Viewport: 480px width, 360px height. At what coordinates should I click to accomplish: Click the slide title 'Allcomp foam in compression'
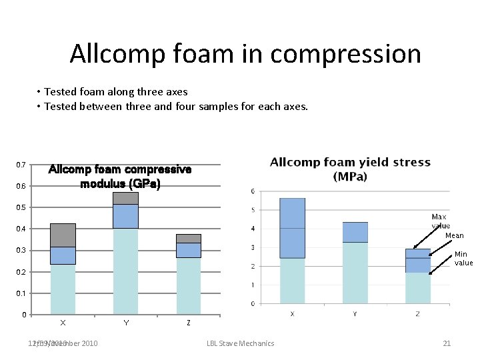click(245, 53)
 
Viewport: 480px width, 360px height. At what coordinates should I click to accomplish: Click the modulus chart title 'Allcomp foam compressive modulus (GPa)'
click(120, 177)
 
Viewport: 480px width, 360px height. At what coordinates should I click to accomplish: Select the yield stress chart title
click(350, 169)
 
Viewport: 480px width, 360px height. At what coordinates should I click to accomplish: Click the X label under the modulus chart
click(63, 323)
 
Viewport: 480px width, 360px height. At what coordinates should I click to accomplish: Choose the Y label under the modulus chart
click(125, 323)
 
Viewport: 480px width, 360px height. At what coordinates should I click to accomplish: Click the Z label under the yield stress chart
click(417, 314)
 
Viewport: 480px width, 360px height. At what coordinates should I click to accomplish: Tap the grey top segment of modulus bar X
click(63, 235)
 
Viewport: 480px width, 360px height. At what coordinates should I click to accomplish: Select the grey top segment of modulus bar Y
click(125, 198)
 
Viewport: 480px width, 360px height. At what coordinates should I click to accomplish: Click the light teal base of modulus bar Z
click(188, 285)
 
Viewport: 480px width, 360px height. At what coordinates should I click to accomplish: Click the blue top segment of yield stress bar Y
click(355, 232)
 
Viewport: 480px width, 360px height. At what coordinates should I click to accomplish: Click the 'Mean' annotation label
click(454, 235)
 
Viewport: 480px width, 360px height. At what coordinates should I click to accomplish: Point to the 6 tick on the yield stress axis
click(252, 191)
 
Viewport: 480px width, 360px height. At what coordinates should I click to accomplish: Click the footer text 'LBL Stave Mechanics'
click(240, 343)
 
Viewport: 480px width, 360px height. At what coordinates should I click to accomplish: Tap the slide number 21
click(447, 343)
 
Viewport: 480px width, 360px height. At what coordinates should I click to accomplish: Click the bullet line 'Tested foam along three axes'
click(116, 92)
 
